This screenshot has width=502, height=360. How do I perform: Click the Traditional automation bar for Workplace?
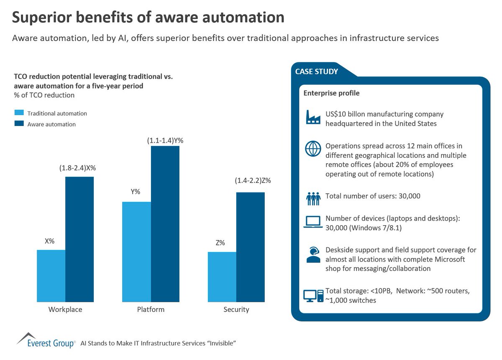tap(51, 276)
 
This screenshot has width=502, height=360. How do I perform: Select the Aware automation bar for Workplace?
tap(79, 239)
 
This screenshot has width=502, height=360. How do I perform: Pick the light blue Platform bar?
tap(136, 252)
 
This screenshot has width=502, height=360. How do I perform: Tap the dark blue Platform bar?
tap(165, 224)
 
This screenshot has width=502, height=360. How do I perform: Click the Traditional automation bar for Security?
tap(222, 277)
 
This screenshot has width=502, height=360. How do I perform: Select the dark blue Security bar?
tap(251, 247)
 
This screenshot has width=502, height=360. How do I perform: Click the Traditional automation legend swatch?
tap(19, 113)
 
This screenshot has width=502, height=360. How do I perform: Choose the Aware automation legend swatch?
tap(19, 124)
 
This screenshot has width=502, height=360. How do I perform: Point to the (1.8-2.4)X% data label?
tap(78, 168)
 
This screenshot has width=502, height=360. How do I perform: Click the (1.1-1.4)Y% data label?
tap(165, 141)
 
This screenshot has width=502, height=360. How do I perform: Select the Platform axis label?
tap(151, 310)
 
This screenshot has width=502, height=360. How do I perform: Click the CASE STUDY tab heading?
tap(317, 72)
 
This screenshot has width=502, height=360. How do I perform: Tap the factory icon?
tap(313, 117)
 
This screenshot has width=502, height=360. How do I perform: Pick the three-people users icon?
tap(313, 198)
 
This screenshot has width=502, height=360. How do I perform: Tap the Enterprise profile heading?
tap(331, 93)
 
